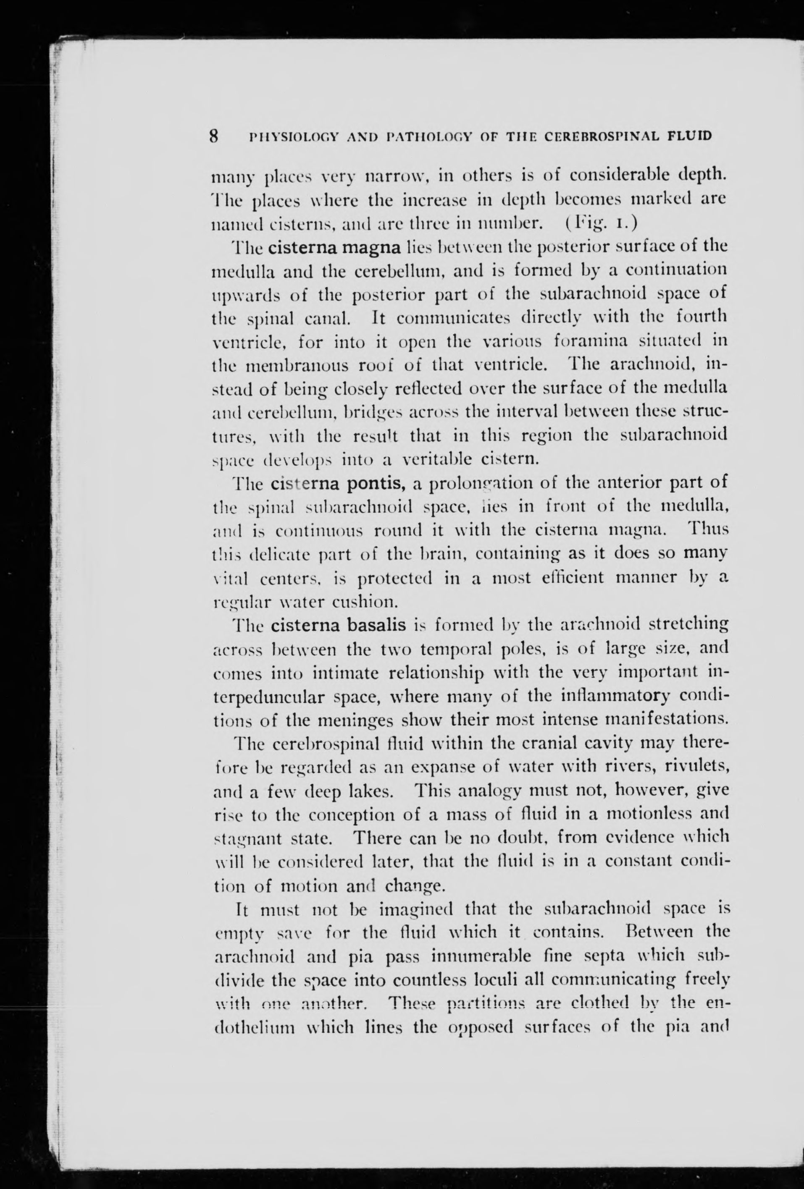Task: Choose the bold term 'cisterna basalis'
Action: point(339,625)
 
